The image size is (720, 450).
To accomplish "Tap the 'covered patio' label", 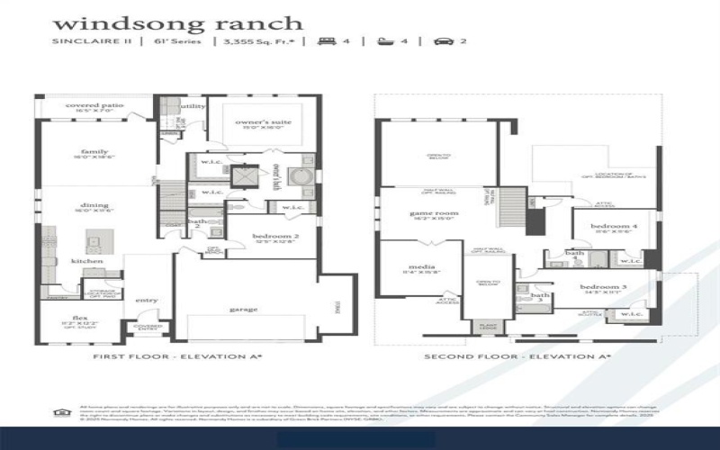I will (x=94, y=106).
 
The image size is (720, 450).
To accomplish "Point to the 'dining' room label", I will (x=94, y=206).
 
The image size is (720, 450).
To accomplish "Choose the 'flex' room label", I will (x=79, y=317).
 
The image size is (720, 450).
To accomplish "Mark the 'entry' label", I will (x=146, y=301).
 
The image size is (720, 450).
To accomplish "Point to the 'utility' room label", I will (x=193, y=106).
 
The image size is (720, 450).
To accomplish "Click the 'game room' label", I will (x=435, y=213).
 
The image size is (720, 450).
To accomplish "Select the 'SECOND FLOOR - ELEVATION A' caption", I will (x=517, y=357).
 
